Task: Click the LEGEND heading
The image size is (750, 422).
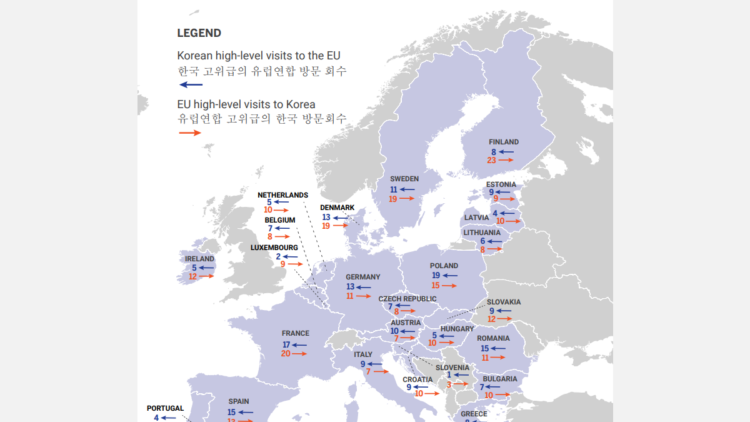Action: pyautogui.click(x=199, y=33)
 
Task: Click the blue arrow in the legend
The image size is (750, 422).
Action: pyautogui.click(x=191, y=84)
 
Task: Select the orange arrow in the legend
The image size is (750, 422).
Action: pyautogui.click(x=190, y=133)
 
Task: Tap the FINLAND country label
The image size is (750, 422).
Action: pyautogui.click(x=504, y=142)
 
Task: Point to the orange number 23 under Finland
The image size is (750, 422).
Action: pyautogui.click(x=491, y=160)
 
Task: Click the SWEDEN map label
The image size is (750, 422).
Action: pyautogui.click(x=404, y=179)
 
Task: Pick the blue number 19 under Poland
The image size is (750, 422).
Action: pyautogui.click(x=436, y=275)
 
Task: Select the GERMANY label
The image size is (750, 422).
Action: pyautogui.click(x=362, y=277)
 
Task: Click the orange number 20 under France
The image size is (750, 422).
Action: pyautogui.click(x=286, y=353)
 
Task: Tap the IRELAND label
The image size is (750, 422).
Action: pyautogui.click(x=199, y=259)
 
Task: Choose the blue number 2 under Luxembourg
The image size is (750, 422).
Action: pyautogui.click(x=278, y=256)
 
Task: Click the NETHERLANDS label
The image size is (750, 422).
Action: pyautogui.click(x=282, y=195)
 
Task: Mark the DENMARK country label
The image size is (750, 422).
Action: pyautogui.click(x=337, y=208)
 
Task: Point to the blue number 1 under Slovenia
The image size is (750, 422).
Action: pyautogui.click(x=449, y=375)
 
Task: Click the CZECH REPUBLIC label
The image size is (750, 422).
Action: pyautogui.click(x=407, y=299)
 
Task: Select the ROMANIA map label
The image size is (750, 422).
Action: pyautogui.click(x=493, y=338)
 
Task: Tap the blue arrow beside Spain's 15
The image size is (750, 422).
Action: pyautogui.click(x=246, y=413)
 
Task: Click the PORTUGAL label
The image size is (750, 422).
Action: pyautogui.click(x=165, y=408)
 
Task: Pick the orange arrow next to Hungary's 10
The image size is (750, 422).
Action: pyautogui.click(x=446, y=343)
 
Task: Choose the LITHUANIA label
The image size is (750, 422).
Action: pyautogui.click(x=482, y=233)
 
